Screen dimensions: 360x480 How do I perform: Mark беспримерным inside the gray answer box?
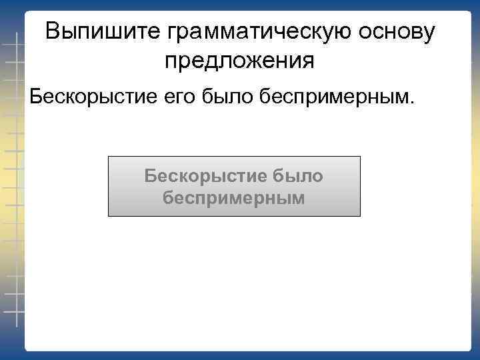point(234,198)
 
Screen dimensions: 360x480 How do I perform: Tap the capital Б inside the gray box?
point(151,177)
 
